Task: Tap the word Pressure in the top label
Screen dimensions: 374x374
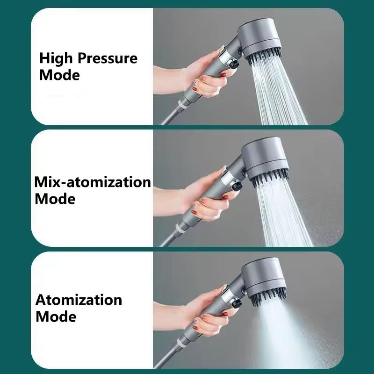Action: click(x=108, y=59)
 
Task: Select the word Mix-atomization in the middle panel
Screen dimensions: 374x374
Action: click(x=93, y=182)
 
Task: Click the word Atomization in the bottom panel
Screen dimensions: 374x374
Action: click(x=79, y=300)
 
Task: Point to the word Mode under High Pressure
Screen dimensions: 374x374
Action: click(x=59, y=75)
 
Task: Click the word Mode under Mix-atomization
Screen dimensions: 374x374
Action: click(x=55, y=199)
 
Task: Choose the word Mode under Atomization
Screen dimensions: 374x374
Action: click(x=56, y=316)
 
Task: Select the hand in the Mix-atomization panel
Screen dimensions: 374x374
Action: click(x=206, y=199)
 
